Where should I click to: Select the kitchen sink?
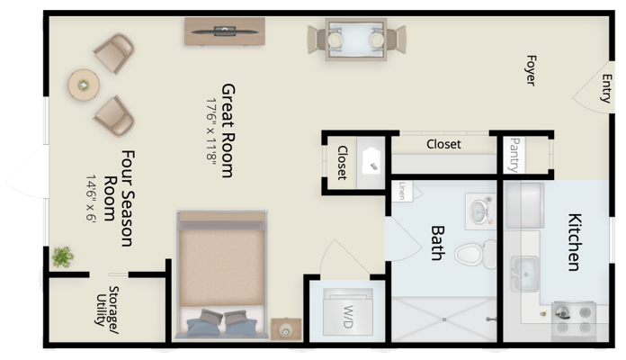pyautogui.click(x=523, y=271)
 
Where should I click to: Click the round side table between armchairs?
pyautogui.click(x=84, y=85)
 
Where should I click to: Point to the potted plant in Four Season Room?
pyautogui.click(x=62, y=257)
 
